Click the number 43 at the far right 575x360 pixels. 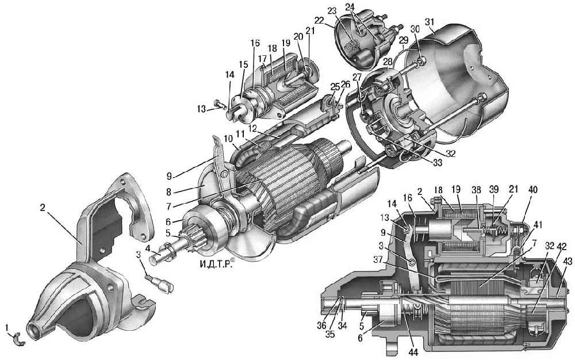coord(567,262)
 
